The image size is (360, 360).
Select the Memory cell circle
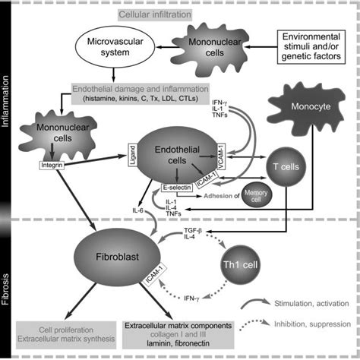tap(256, 196)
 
